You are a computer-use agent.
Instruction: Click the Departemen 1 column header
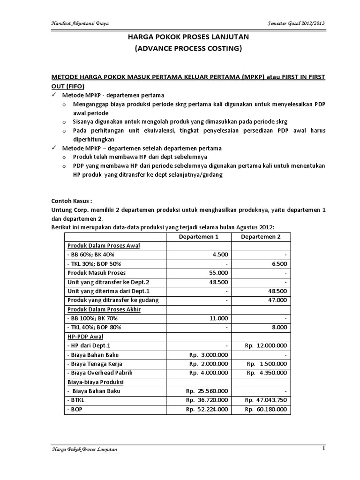(x=200, y=237)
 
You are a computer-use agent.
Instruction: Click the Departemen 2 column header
(x=261, y=237)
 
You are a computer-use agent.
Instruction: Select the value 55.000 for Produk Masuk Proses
(x=217, y=272)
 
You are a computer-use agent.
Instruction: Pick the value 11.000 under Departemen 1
(x=217, y=317)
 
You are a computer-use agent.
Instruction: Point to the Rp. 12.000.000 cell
(x=265, y=345)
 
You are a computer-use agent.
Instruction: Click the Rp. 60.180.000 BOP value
(x=265, y=409)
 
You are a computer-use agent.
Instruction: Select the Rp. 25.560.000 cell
(x=207, y=390)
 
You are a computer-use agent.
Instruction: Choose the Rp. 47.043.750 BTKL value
(x=265, y=400)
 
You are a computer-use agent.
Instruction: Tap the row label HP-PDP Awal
(x=85, y=336)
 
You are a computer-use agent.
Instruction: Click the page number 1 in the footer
(x=323, y=449)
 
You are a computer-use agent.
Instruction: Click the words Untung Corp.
(x=68, y=210)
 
